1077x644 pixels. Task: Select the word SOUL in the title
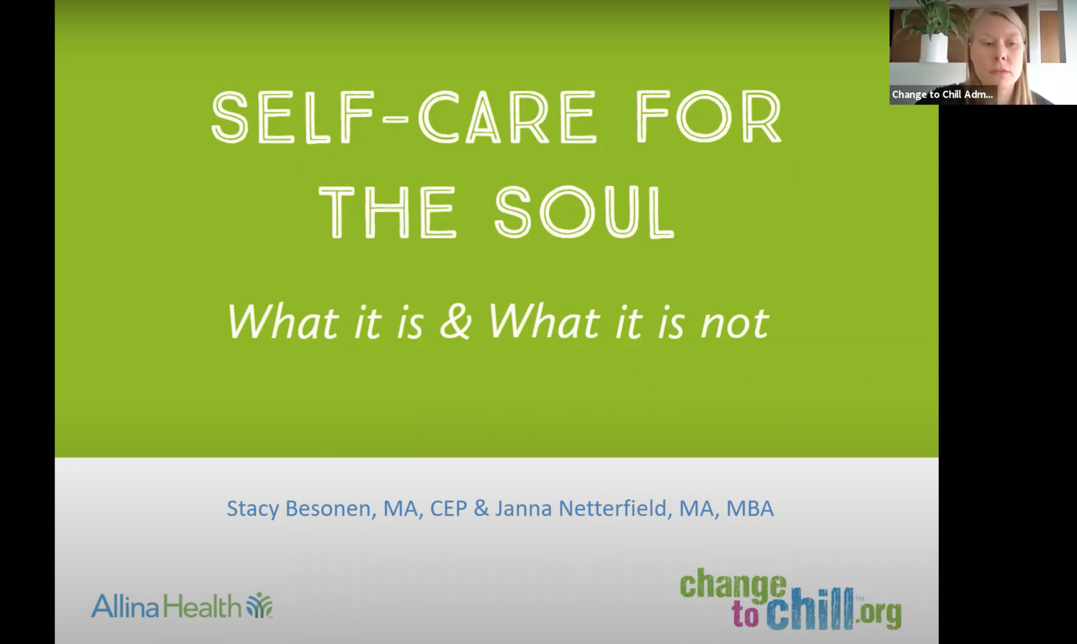coord(584,212)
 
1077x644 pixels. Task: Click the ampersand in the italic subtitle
coord(455,322)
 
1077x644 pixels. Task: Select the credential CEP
coord(448,509)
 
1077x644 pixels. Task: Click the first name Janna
coord(523,509)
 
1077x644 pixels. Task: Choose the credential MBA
coord(750,509)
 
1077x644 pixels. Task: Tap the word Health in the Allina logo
coord(202,606)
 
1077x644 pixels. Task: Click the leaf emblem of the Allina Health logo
coord(259,605)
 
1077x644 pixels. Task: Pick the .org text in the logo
coord(878,614)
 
